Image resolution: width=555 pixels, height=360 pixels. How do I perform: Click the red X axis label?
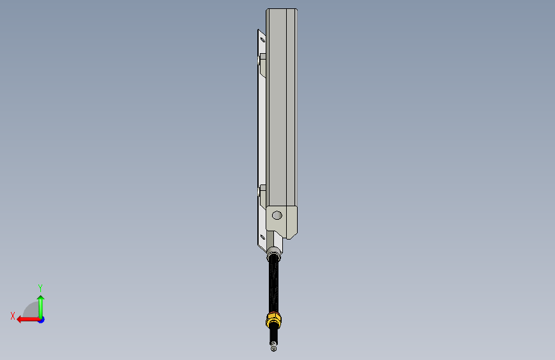(x=13, y=316)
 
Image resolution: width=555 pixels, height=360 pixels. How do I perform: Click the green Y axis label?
(x=40, y=288)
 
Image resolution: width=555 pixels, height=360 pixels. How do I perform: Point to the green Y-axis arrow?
(x=41, y=306)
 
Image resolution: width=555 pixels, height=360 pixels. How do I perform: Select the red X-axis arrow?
(x=28, y=320)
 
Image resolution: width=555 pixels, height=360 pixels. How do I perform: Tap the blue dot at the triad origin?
(x=42, y=320)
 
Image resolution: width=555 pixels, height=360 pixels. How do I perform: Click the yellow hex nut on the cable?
(x=273, y=319)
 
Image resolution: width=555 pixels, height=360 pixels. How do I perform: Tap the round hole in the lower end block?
(x=277, y=215)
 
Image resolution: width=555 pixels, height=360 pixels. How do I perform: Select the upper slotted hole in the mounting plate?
(x=262, y=39)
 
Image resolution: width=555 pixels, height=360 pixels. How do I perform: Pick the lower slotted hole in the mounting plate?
(x=262, y=237)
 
